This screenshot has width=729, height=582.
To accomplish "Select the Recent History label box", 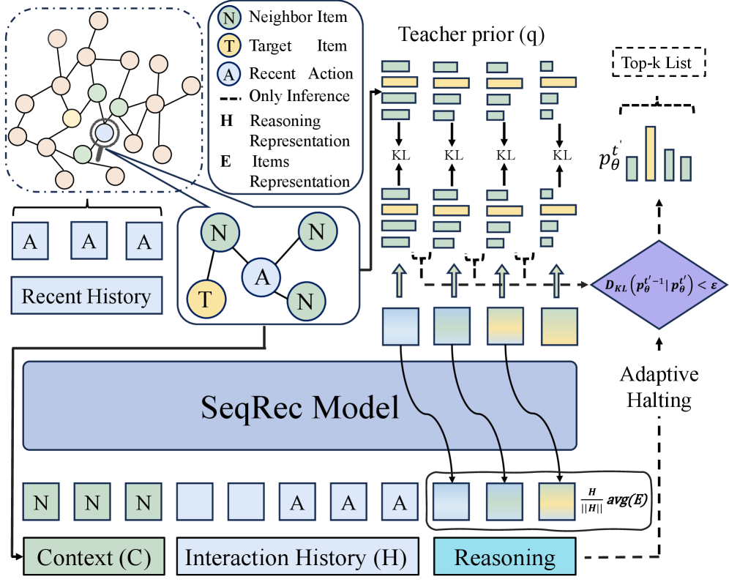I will (86, 296).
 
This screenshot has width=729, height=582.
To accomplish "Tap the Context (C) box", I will (94, 558).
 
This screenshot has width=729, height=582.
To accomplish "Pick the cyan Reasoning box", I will (505, 558).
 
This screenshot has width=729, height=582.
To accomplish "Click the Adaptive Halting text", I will (659, 388).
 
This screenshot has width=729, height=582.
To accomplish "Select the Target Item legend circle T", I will (230, 46).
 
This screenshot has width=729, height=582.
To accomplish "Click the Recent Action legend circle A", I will (230, 73).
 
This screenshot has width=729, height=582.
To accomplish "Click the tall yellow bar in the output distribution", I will (649, 153).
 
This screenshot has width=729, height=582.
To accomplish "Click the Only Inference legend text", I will (299, 96).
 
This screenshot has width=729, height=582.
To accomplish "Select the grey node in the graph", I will (57, 37).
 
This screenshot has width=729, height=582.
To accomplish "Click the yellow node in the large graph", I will (71, 117).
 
